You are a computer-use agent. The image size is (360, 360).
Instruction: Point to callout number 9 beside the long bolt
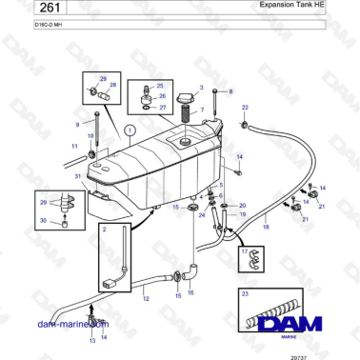(78, 125)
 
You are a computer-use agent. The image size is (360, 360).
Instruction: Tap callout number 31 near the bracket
(77, 177)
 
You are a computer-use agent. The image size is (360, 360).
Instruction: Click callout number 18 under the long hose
(266, 230)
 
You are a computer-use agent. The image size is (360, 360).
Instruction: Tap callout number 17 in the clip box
(245, 251)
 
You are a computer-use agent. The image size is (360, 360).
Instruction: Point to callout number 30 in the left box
(42, 222)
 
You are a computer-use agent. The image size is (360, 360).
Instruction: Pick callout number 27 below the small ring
(163, 108)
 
